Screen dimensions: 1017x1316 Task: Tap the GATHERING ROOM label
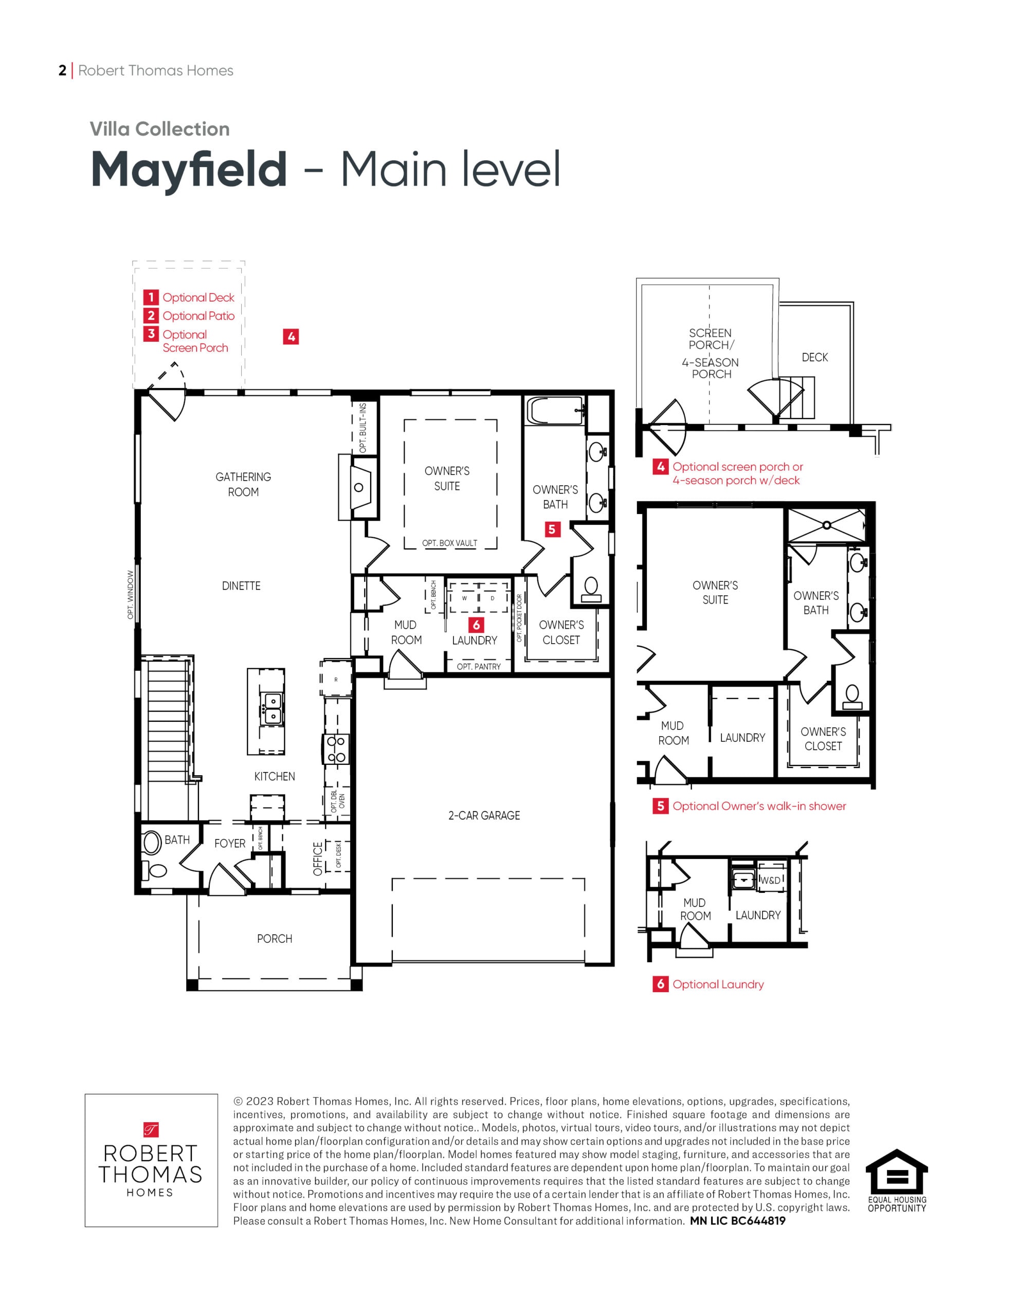click(243, 484)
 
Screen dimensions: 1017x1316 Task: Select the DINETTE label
click(241, 586)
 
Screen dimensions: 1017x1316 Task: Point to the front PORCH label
click(274, 939)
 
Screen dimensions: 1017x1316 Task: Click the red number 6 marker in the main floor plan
click(476, 625)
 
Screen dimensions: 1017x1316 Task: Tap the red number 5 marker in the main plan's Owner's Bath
click(552, 529)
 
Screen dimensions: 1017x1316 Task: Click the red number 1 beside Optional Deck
click(151, 297)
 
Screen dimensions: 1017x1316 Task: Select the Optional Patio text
click(198, 316)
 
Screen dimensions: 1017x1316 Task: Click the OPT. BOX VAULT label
click(450, 543)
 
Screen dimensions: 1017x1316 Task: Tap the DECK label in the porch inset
click(814, 357)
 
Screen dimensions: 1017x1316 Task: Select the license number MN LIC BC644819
click(737, 1221)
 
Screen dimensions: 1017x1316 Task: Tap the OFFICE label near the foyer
click(318, 858)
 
